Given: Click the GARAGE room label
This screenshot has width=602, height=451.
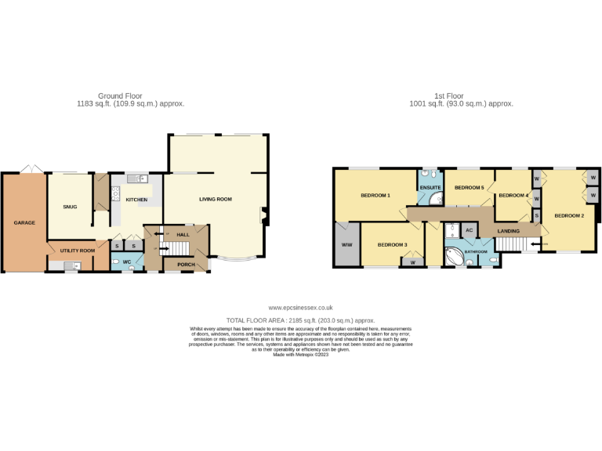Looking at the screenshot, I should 24,223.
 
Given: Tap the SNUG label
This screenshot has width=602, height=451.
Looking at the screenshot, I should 70,207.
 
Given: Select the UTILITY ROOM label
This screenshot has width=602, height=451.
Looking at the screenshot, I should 77,250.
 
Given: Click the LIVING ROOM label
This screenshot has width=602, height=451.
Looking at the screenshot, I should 215,200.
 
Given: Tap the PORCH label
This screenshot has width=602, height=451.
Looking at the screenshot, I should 186,265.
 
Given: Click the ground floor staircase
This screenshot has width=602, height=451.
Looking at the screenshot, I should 180,248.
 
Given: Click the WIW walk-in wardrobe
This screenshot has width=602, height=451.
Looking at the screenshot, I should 346,245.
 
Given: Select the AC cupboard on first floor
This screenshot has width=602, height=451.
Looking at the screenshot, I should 469,230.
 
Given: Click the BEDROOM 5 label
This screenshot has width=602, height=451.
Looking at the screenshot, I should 470,188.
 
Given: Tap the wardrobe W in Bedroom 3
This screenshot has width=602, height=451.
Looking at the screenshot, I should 412,262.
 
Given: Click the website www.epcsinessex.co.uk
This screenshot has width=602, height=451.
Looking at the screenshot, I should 300,308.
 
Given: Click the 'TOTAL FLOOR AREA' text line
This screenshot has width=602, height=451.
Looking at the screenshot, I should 300,320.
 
